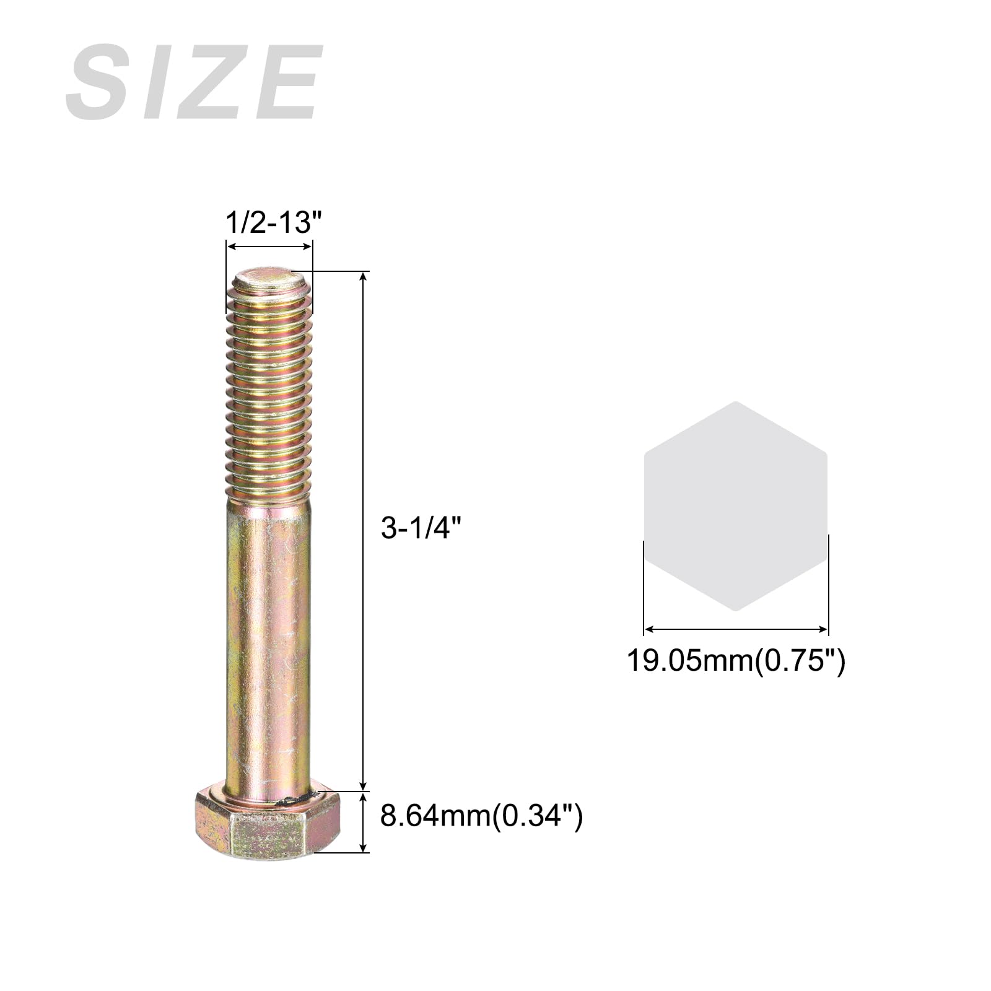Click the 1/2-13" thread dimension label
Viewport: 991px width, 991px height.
[x=269, y=222]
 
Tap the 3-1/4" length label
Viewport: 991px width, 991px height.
[x=422, y=528]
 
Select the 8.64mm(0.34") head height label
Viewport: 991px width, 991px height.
[x=481, y=816]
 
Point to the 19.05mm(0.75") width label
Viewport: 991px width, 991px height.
[x=736, y=660]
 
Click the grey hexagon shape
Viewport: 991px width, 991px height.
[x=736, y=506]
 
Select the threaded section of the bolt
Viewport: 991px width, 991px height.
[x=269, y=387]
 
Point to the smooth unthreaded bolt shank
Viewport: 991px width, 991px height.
[x=269, y=641]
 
